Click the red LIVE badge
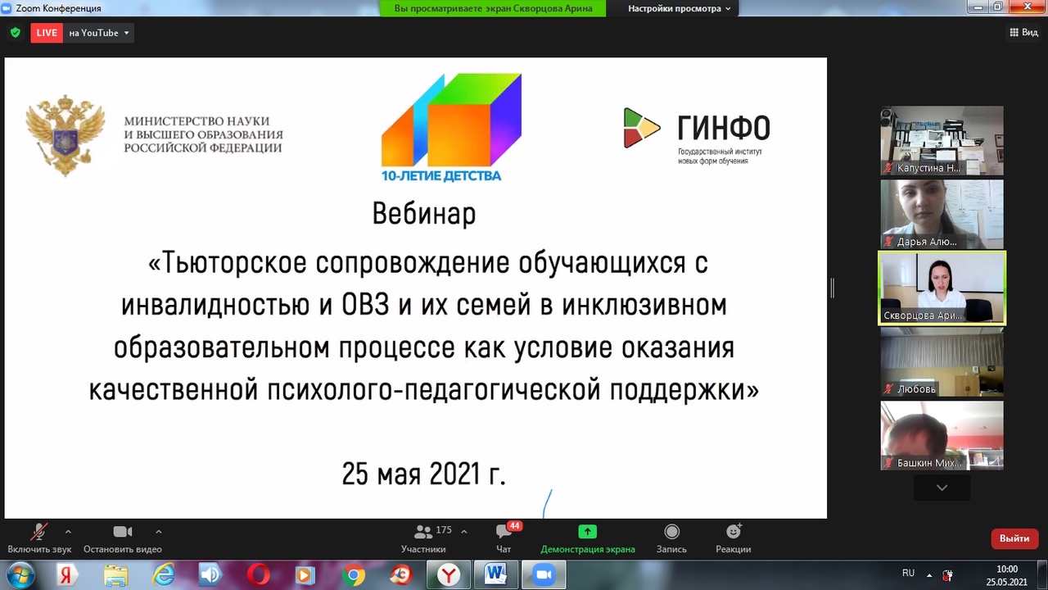pos(47,33)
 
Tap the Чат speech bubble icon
pos(504,532)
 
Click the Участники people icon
pos(423,532)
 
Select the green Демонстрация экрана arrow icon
pos(588,532)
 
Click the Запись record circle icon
pos(671,532)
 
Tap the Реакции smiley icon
pos(733,531)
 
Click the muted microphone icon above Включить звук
pos(38,532)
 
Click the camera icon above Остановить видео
pos(123,532)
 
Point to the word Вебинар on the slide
pos(424,214)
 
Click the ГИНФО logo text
pos(724,128)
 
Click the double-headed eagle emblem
pos(65,135)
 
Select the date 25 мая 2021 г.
pos(424,474)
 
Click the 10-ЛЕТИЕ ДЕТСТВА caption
pos(441,175)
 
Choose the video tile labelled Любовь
pos(942,362)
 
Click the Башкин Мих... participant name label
pos(928,463)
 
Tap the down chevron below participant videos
pos(942,488)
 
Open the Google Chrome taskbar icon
pos(354,574)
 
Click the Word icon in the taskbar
pos(496,574)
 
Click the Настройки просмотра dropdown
pos(679,8)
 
